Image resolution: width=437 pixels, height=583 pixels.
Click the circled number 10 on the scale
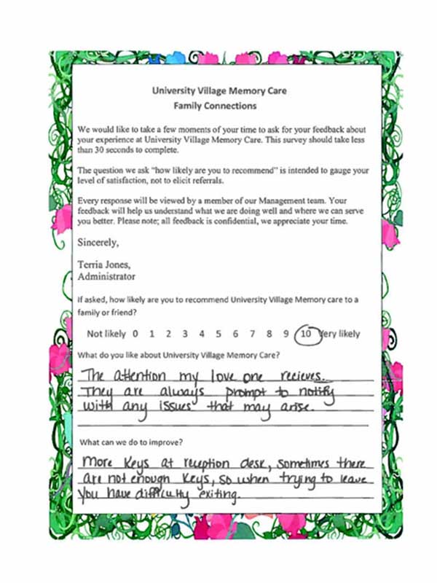[x=307, y=334]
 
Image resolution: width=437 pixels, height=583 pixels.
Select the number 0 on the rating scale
[x=135, y=334]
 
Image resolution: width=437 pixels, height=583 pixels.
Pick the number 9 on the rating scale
[x=286, y=334]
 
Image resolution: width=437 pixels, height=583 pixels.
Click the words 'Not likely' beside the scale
[x=106, y=334]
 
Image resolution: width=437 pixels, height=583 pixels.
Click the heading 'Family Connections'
[x=219, y=106]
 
